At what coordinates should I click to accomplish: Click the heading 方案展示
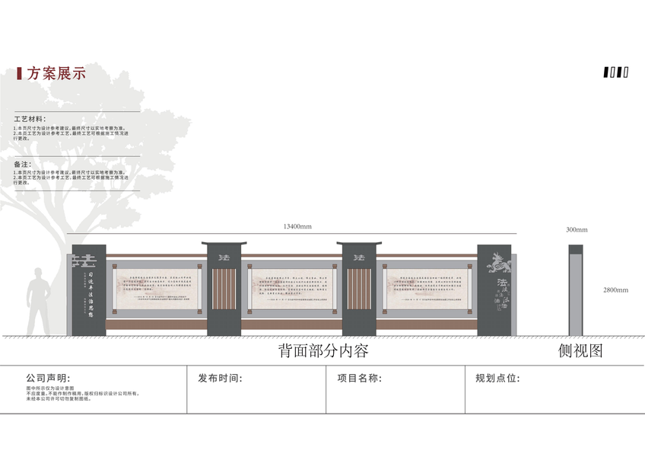coord(56,74)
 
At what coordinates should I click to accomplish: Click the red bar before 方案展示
coord(18,74)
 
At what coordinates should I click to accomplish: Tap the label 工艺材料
coord(30,120)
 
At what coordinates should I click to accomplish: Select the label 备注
coord(22,164)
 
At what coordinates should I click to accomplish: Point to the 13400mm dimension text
coord(297,226)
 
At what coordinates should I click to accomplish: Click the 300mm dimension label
coord(577,229)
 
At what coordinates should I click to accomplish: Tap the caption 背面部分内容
coord(322,351)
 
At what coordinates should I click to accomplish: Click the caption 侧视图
coord(580,351)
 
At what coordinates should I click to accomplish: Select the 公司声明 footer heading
coord(48,378)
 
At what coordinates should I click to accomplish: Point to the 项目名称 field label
coord(359,378)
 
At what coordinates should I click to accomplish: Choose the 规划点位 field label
coord(498,378)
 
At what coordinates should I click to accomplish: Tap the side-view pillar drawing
coord(576,290)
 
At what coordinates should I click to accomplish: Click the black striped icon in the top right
coord(616,73)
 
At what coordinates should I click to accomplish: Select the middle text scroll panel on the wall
coord(291,289)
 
